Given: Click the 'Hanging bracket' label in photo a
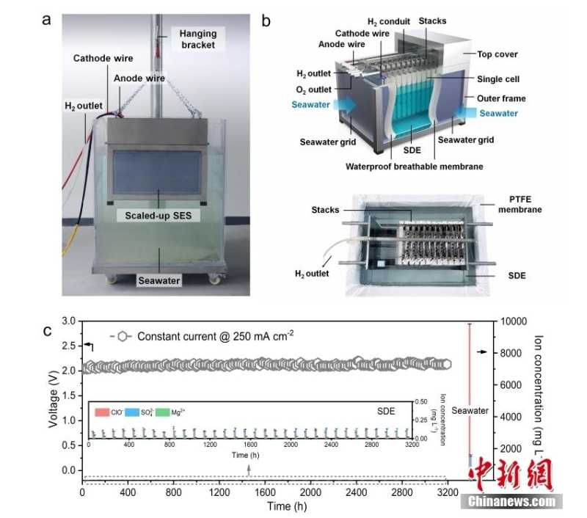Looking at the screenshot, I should coord(194,39).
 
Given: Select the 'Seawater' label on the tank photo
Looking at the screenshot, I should coord(158,280).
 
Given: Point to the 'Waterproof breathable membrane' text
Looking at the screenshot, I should coord(414,167).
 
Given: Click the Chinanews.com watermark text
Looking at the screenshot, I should coord(511,502).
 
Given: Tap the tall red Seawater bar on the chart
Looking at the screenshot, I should coord(469,389).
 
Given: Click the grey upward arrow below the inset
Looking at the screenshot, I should coord(249,470).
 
